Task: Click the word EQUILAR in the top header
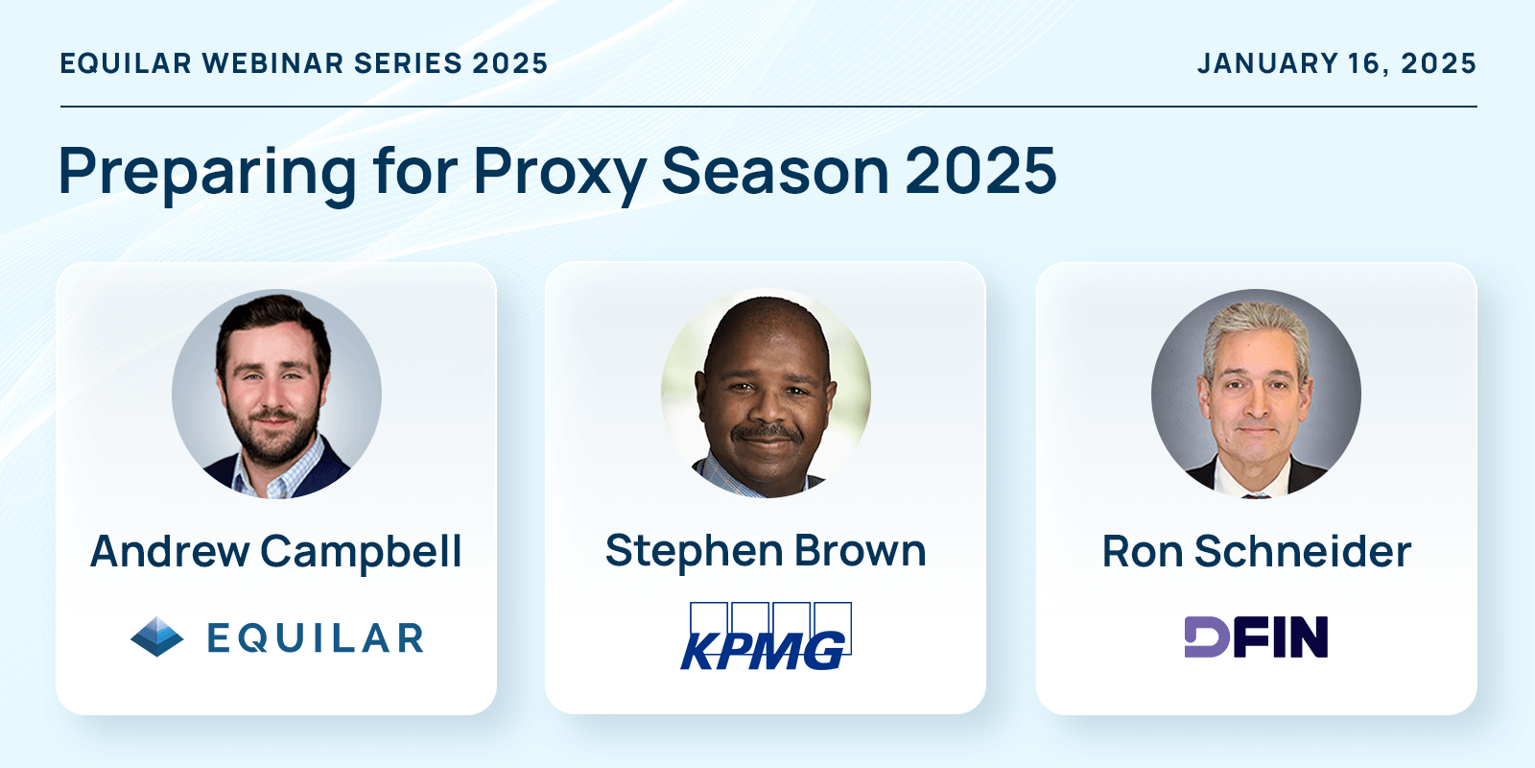click(x=126, y=63)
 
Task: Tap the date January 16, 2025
click(x=1337, y=63)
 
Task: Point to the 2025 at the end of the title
click(x=981, y=171)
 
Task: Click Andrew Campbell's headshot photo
click(x=277, y=394)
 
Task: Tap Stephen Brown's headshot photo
click(x=767, y=394)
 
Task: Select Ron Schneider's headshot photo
click(x=1256, y=394)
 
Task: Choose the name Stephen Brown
click(x=767, y=552)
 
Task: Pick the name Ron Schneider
click(x=1257, y=551)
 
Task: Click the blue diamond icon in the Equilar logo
click(x=157, y=637)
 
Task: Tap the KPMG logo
click(x=767, y=636)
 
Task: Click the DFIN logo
click(x=1256, y=637)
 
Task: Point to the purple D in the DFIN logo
click(x=1207, y=637)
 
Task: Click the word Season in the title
click(x=775, y=171)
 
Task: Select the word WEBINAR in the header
click(x=272, y=63)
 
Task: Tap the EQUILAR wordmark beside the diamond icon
click(x=316, y=638)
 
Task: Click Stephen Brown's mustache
click(x=767, y=433)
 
